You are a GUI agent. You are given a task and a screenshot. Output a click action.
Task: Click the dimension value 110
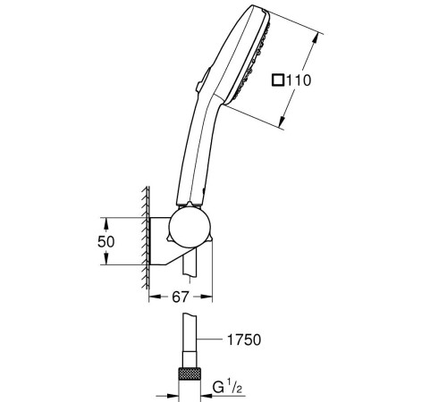299,80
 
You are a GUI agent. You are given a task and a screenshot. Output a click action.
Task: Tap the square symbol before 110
278,80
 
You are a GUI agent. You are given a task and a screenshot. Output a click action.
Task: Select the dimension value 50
105,241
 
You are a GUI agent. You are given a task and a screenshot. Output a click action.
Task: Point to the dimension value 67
181,297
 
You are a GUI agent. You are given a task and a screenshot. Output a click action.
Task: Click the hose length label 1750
244,339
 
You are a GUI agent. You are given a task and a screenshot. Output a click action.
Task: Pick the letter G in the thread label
218,387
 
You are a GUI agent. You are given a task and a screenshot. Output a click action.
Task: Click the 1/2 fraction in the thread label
234,386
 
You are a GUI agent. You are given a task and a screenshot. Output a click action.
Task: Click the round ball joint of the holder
190,229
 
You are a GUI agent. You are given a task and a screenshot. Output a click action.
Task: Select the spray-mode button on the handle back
203,79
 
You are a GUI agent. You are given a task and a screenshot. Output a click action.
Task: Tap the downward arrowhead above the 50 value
106,223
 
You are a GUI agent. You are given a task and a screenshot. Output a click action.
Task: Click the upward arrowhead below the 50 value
106,258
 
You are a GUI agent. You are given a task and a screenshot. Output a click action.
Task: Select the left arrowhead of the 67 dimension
155,297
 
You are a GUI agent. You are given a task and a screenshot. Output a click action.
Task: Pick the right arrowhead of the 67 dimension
207,297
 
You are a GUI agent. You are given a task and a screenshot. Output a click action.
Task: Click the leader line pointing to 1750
210,339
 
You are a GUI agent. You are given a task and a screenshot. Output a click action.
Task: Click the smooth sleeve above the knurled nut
190,359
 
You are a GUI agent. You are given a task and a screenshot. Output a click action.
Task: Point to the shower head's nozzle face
253,61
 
